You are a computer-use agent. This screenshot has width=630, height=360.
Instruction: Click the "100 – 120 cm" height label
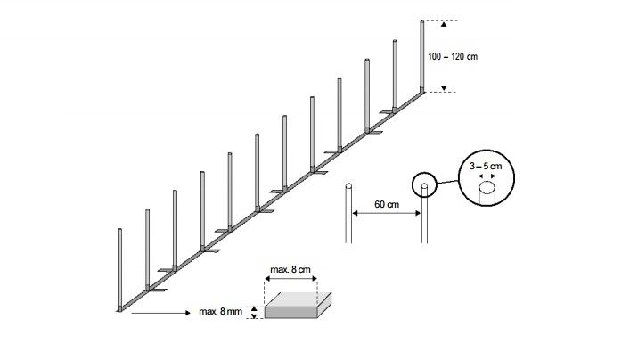click(453, 56)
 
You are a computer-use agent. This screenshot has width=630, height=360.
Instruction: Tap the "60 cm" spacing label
click(386, 204)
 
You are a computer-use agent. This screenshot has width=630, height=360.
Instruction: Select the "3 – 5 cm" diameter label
click(486, 166)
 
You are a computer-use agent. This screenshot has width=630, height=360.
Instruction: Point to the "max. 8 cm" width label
click(291, 268)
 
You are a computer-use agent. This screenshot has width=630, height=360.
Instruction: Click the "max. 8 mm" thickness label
click(220, 311)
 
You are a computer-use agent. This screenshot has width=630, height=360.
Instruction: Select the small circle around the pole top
click(425, 185)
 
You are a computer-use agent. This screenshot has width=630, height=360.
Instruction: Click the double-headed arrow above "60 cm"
click(386, 214)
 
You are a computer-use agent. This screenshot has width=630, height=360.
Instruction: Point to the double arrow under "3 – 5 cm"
click(486, 177)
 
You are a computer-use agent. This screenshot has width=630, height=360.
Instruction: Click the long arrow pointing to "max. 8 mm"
click(157, 312)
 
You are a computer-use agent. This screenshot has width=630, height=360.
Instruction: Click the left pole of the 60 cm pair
click(349, 214)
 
